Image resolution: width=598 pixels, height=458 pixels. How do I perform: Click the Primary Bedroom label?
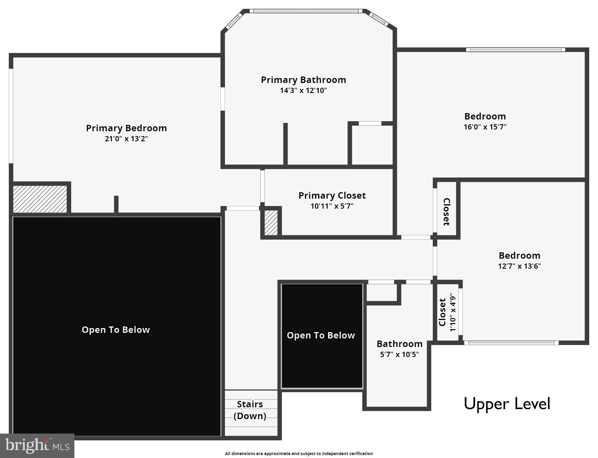tap(126, 128)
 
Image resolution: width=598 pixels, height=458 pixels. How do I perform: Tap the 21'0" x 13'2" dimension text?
tap(126, 139)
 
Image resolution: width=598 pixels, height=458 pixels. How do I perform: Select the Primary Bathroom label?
tap(303, 80)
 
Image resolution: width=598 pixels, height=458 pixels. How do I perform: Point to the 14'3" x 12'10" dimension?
tap(303, 90)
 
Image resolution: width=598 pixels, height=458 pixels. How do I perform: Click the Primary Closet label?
tap(332, 195)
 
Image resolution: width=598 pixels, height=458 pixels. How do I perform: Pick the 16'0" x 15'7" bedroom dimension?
tap(485, 127)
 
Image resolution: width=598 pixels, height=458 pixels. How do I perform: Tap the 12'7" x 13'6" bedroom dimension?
tap(519, 266)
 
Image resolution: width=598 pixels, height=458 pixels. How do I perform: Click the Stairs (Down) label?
tap(250, 410)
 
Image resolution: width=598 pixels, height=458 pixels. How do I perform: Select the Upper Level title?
tap(507, 404)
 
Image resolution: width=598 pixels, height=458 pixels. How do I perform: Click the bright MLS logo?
tap(37, 445)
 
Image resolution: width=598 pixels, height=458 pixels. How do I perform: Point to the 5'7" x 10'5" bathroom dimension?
tap(399, 354)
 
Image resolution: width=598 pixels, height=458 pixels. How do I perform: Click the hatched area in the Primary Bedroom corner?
tap(40, 199)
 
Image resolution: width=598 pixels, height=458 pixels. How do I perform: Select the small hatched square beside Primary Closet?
tap(271, 223)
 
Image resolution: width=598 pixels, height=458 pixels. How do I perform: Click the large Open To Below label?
tap(116, 330)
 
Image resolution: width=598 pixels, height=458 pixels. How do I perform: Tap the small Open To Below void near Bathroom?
tap(321, 336)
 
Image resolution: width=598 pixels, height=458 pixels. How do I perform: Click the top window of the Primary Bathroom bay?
tap(306, 11)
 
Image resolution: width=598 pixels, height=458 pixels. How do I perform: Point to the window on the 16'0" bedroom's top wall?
tap(515, 50)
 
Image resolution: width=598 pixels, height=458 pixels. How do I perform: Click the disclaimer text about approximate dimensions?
tap(299, 454)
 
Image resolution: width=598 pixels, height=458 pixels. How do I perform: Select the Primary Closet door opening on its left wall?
tap(262, 186)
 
